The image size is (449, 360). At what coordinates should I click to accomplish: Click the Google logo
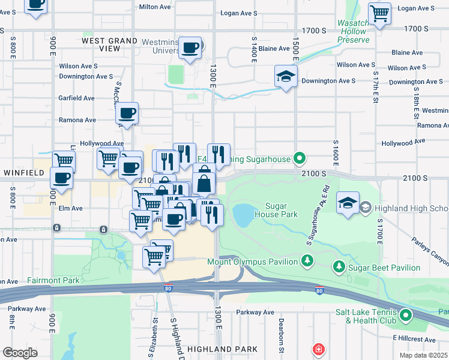click(x=20, y=353)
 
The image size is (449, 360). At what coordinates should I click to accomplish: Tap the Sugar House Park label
click(x=276, y=209)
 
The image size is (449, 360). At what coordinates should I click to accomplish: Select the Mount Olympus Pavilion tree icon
click(x=307, y=260)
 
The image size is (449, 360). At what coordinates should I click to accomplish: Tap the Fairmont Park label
click(x=53, y=280)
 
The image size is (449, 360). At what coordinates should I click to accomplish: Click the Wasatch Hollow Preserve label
click(x=353, y=31)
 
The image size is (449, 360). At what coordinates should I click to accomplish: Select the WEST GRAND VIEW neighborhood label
click(x=110, y=45)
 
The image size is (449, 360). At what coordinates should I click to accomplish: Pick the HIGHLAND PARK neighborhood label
click(x=222, y=349)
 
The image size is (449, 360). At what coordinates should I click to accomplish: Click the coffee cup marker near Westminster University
click(x=190, y=48)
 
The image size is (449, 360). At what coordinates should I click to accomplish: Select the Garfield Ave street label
click(x=76, y=98)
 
